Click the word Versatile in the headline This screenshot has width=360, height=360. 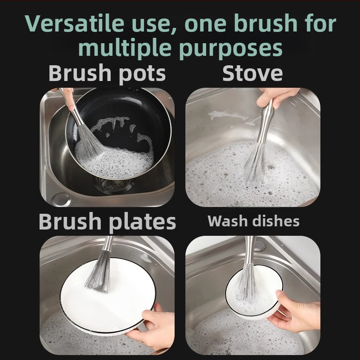tap(75, 23)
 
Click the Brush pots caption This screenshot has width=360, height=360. tap(107, 73)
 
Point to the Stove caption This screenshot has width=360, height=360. tap(252, 73)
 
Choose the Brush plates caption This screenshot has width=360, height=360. tap(107, 221)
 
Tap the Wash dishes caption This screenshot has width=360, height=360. tap(253, 221)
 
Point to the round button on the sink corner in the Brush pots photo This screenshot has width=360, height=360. tap(61, 199)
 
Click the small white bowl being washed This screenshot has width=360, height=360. tap(254, 293)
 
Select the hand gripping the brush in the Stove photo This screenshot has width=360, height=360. tap(277, 97)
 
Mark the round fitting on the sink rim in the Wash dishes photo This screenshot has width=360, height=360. tap(260, 245)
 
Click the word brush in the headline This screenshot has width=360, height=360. tap(266, 23)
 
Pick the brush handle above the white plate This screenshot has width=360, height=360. tap(108, 244)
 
